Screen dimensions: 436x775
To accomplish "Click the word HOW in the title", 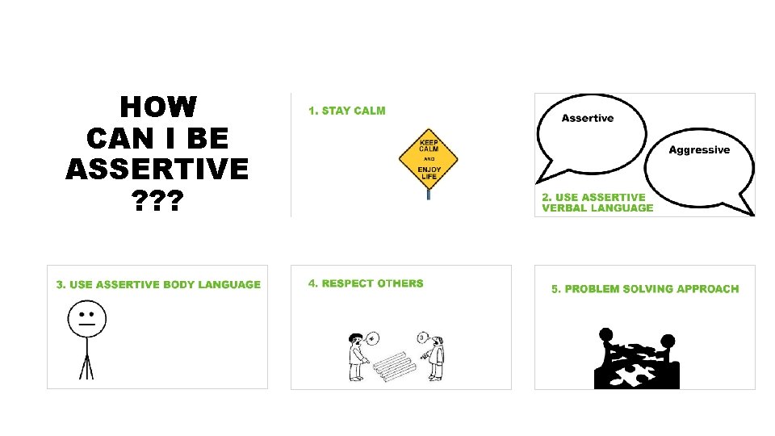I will [157, 107].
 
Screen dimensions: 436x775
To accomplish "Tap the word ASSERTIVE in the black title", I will [157, 170].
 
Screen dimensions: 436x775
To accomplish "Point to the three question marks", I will [157, 200].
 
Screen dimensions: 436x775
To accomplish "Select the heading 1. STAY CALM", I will [347, 111].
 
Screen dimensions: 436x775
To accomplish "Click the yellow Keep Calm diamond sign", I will [428, 157].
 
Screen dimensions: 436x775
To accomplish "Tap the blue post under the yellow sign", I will [429, 194].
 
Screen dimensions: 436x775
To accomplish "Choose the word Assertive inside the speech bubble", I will [587, 118].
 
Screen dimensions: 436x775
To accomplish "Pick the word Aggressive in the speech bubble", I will [699, 150].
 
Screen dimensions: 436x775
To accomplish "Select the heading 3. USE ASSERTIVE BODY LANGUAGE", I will [158, 284].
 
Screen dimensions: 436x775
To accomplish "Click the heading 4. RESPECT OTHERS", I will [366, 283].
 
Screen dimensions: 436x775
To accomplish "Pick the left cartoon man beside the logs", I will [355, 355].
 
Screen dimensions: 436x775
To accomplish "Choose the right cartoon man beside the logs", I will [435, 358].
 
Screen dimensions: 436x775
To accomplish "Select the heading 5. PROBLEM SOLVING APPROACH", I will [645, 289].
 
